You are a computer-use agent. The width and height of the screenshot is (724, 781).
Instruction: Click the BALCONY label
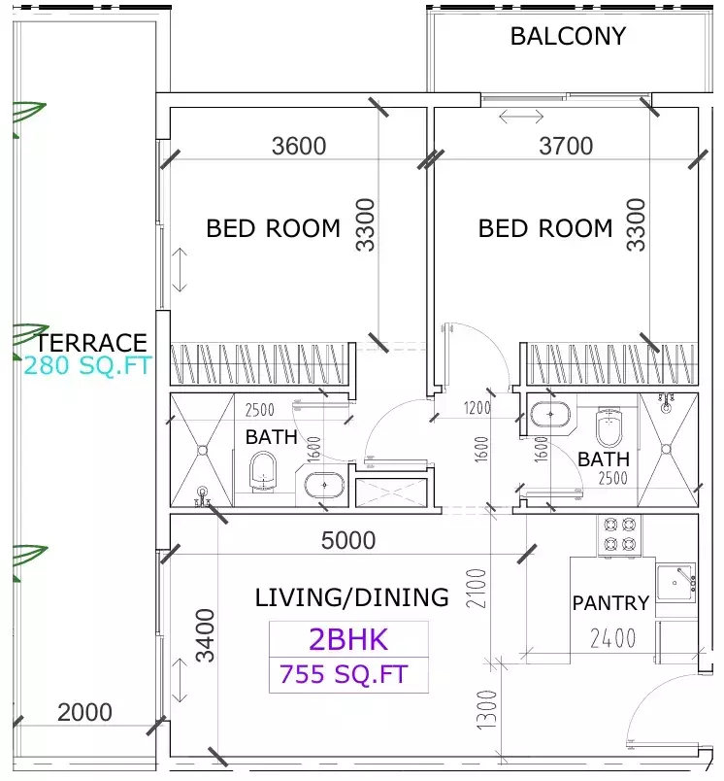pyautogui.click(x=568, y=37)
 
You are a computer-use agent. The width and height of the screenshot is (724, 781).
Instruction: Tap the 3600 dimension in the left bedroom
pyautogui.click(x=299, y=147)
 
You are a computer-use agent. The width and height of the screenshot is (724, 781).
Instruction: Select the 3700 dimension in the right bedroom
pyautogui.click(x=565, y=147)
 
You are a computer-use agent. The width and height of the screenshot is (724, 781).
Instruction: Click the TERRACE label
pyautogui.click(x=91, y=343)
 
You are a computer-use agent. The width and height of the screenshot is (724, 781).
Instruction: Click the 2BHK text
pyautogui.click(x=347, y=639)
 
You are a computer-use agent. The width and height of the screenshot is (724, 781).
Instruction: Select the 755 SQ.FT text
pyautogui.click(x=344, y=674)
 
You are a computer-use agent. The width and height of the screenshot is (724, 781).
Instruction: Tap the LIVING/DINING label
pyautogui.click(x=351, y=597)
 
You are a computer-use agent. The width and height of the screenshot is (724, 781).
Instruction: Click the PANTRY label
pyautogui.click(x=609, y=603)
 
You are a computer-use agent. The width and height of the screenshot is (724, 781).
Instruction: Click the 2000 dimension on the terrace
pyautogui.click(x=84, y=713)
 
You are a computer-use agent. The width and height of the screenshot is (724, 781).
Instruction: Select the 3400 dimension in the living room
pyautogui.click(x=206, y=634)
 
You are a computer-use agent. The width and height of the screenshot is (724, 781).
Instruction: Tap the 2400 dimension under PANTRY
pyautogui.click(x=613, y=638)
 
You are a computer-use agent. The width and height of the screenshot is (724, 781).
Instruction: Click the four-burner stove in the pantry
pyautogui.click(x=620, y=533)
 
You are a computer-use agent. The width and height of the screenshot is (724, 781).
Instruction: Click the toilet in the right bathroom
pyautogui.click(x=609, y=424)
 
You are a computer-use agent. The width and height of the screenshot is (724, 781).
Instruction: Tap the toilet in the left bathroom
pyautogui.click(x=262, y=474)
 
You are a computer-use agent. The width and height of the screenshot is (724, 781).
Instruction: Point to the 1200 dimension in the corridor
pyautogui.click(x=477, y=408)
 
